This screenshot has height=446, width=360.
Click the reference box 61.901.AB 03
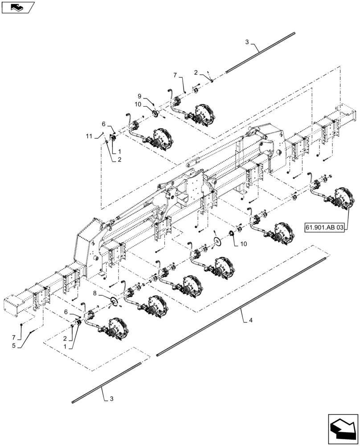coord(325,227)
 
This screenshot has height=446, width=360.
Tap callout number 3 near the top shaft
coord(247,42)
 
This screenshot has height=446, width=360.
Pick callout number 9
coord(139,96)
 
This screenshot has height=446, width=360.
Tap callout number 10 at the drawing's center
coord(243,244)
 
